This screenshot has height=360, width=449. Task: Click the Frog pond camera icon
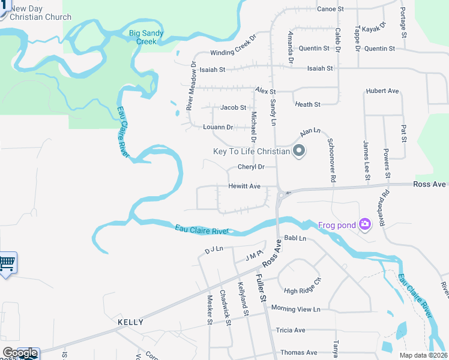tap(364, 224)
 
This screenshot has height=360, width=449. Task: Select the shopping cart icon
tap(7, 262)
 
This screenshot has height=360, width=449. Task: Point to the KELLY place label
tap(130, 322)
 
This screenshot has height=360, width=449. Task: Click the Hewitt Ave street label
tap(244, 187)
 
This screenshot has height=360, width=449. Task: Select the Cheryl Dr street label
tap(251, 167)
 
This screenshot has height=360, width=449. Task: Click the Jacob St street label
tap(233, 108)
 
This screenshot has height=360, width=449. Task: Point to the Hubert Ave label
tap(382, 91)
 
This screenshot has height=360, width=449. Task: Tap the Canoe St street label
tap(330, 9)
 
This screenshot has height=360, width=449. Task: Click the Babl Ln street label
tap(295, 238)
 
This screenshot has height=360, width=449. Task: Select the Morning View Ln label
tap(296, 309)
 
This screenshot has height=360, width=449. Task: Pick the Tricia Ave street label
tap(291, 330)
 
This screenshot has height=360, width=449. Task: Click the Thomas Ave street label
tap(298, 352)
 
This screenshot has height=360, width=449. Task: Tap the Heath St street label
tap(307, 104)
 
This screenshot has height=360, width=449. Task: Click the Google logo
tap(20, 353)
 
